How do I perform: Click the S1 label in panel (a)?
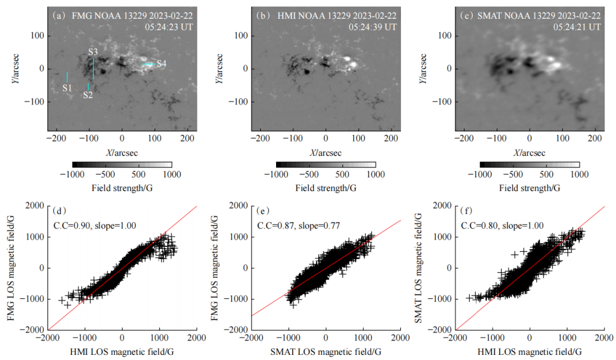tap(67, 88)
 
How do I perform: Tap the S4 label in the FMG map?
tap(161, 64)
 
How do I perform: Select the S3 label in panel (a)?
tap(94, 52)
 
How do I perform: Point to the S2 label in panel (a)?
tap(87, 95)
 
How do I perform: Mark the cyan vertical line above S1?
tap(67, 76)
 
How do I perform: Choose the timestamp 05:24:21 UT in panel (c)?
tap(577, 27)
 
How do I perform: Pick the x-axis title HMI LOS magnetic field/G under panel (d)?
tap(123, 351)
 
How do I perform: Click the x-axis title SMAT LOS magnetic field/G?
tap(326, 351)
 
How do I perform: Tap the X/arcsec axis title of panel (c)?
tap(530, 153)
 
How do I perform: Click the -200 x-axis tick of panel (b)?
tap(260, 139)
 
